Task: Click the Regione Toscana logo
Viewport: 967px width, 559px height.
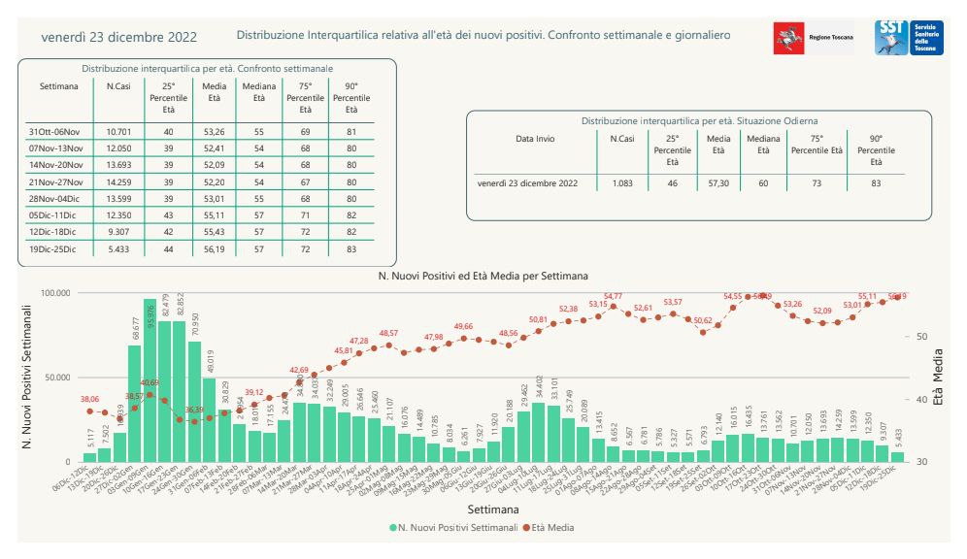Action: [x=813, y=37]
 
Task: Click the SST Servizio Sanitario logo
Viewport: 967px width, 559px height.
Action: [x=903, y=37]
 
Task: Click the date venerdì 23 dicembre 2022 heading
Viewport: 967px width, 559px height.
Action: [x=119, y=38]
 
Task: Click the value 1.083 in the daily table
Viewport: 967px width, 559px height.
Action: [x=622, y=182]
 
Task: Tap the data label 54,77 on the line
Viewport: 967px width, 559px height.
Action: [x=613, y=295]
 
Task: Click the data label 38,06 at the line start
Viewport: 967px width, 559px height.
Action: [x=89, y=399]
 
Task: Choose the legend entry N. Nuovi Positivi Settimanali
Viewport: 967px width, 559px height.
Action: [x=451, y=528]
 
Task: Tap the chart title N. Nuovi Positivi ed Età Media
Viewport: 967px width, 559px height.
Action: [x=483, y=276]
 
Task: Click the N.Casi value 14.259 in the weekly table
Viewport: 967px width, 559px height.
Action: [x=118, y=182]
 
